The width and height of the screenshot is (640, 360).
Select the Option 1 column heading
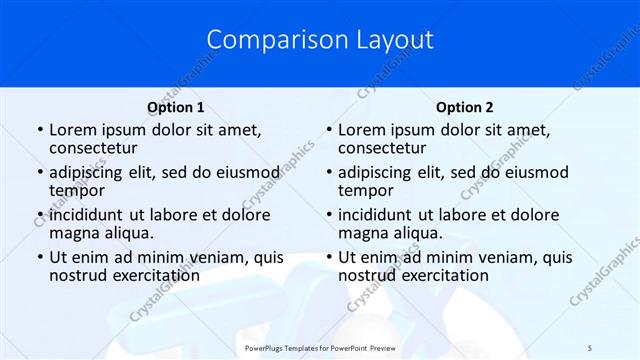click(x=176, y=107)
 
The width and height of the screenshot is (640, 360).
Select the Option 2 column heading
click(x=465, y=107)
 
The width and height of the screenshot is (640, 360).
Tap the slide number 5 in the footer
click(x=590, y=347)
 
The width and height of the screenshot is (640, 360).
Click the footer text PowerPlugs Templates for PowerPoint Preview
click(x=319, y=347)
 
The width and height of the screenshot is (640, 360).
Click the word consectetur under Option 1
click(x=95, y=148)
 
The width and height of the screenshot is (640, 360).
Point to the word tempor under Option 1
click(x=77, y=190)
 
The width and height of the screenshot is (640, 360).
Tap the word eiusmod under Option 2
click(x=536, y=172)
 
